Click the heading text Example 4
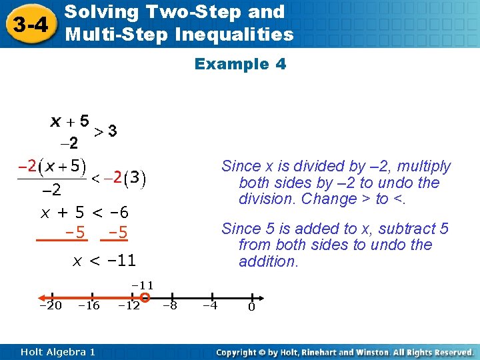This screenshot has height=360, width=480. pos(240,64)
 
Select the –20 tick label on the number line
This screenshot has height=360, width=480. pos(51,306)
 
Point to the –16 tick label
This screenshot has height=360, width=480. pos(89,306)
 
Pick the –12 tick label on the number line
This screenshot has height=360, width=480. pos(129,306)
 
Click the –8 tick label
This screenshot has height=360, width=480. pos(170,306)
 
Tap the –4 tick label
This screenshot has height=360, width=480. pos(211,306)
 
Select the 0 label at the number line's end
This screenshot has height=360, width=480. pos(251,307)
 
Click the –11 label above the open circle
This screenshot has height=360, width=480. pos(142,285)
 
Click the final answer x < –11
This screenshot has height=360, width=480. pos(103,260)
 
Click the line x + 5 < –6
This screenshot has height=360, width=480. pos(85,213)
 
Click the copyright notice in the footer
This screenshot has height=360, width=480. pos(345,351)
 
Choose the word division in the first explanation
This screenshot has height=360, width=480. pos(268,199)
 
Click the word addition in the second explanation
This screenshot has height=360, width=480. pos(269,261)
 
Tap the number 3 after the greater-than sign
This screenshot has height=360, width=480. pos(113,131)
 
